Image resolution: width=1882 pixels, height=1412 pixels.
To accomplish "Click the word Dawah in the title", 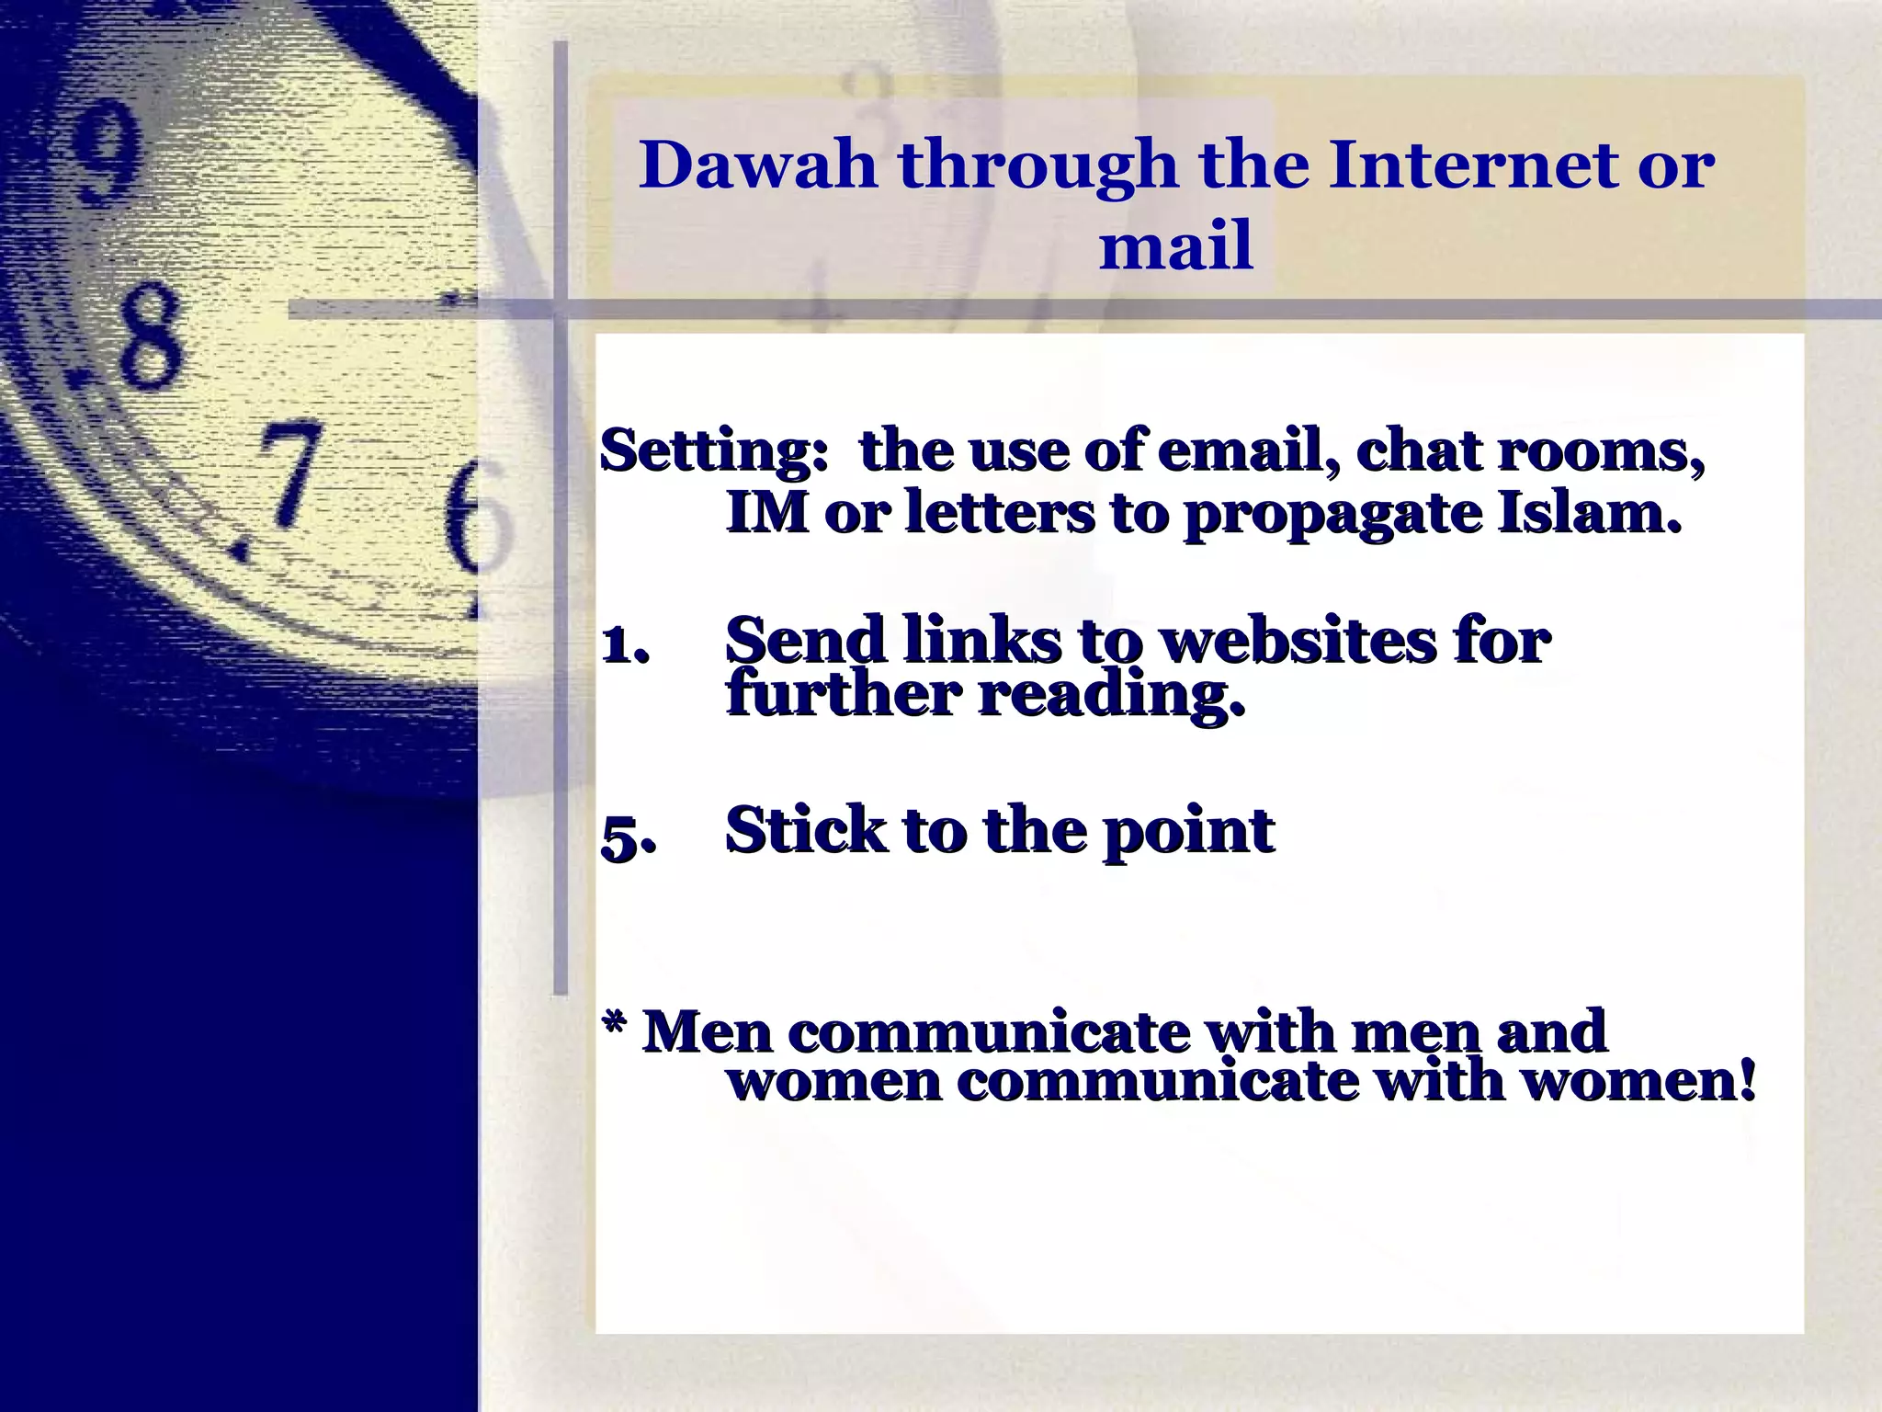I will [758, 165].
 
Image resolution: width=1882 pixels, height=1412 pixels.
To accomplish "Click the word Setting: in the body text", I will [715, 451].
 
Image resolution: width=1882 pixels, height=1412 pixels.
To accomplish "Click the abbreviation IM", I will [767, 512].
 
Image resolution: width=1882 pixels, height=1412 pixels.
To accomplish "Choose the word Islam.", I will [1590, 512].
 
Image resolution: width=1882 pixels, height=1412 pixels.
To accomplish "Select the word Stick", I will [805, 830].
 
